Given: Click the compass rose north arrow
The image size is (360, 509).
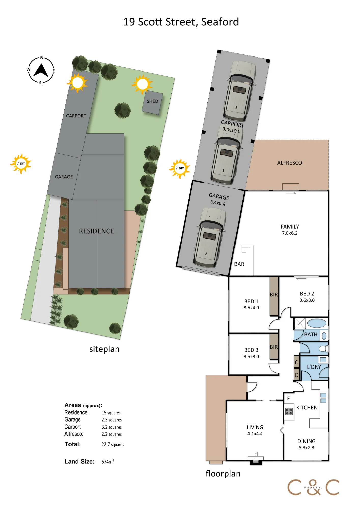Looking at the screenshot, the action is [41, 70].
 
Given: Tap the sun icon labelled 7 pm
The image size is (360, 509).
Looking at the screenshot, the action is [21, 164].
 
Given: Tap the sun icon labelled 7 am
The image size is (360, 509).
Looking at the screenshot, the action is [180, 168].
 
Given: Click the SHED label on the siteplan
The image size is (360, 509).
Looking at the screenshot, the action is [152, 101].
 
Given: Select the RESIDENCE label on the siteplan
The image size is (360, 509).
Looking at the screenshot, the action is [96, 231].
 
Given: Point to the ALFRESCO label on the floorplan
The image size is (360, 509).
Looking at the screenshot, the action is [289, 163].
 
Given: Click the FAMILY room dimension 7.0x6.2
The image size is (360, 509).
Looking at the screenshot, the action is [289, 233].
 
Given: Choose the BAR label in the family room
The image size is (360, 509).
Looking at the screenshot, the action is [239, 264].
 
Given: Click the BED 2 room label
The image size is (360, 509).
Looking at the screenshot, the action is [307, 294].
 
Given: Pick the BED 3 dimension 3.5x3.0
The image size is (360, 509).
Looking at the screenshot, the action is [251, 357].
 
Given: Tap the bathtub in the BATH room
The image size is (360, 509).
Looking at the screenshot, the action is [316, 323].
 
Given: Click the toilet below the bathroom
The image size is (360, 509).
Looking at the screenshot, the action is [324, 348].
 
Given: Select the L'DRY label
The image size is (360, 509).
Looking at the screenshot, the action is [314, 367].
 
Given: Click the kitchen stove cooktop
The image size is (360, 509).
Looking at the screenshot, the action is [289, 412].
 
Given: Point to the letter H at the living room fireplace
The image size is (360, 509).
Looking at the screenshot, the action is [256, 454].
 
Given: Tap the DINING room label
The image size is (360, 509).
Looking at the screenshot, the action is [307, 441].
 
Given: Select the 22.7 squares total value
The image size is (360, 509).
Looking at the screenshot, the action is [113, 445].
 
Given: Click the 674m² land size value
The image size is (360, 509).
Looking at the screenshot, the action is [108, 462].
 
